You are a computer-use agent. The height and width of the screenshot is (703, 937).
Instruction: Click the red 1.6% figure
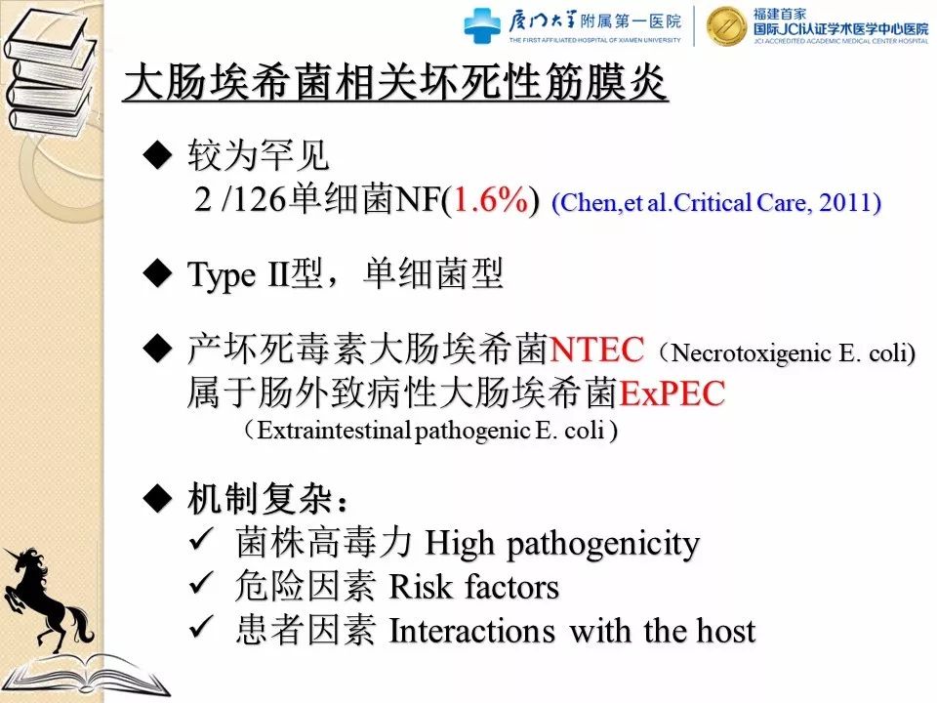click(491, 199)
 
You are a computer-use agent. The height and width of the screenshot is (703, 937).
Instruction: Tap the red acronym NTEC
click(597, 350)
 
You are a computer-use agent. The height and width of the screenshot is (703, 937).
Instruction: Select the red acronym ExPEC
click(672, 393)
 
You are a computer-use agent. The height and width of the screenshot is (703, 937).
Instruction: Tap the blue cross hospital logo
click(481, 25)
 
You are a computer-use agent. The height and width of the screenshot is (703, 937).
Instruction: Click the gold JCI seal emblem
click(726, 25)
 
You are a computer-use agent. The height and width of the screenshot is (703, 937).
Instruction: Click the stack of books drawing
click(50, 71)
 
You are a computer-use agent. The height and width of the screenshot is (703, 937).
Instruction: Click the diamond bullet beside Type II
click(158, 273)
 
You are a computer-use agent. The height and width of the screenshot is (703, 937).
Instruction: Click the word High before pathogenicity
click(460, 545)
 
